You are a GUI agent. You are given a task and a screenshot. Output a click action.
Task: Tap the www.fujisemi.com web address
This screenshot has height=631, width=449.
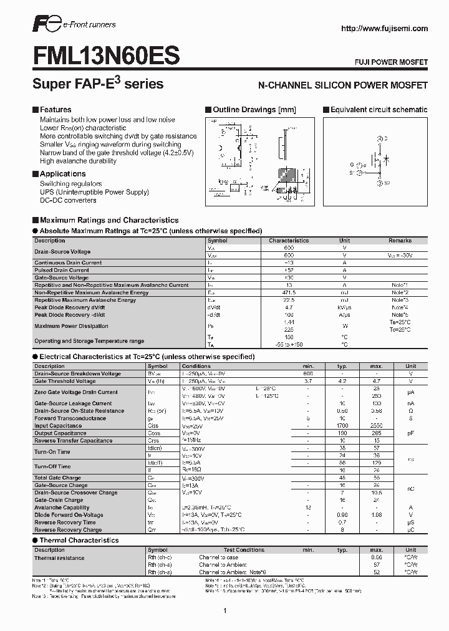point(385,28)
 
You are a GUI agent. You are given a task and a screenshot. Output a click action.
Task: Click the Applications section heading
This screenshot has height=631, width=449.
point(62,174)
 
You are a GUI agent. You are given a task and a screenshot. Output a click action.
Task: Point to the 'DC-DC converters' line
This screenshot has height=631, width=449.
point(68,200)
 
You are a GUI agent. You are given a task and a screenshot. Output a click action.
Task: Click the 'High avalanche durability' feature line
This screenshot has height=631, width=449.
point(78,161)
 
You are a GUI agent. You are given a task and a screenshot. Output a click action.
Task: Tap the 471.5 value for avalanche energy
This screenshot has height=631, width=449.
point(289,292)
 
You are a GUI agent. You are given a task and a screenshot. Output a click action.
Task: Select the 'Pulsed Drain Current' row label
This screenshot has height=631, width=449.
point(62,270)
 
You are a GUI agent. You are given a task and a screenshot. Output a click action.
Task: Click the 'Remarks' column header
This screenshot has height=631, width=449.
point(400,240)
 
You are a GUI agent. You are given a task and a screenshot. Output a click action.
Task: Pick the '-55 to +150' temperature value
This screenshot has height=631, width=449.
point(289,344)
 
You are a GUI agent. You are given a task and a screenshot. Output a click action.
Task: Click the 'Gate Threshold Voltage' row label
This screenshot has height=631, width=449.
point(65,381)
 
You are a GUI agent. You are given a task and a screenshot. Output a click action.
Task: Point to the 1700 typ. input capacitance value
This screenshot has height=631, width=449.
point(342,426)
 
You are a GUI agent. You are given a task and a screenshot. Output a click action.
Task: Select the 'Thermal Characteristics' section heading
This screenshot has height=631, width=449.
point(79,540)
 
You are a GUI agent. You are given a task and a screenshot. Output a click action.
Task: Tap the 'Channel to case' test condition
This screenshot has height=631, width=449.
point(218,557)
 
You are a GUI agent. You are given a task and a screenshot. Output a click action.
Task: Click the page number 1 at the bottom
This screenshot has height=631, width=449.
point(224,610)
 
